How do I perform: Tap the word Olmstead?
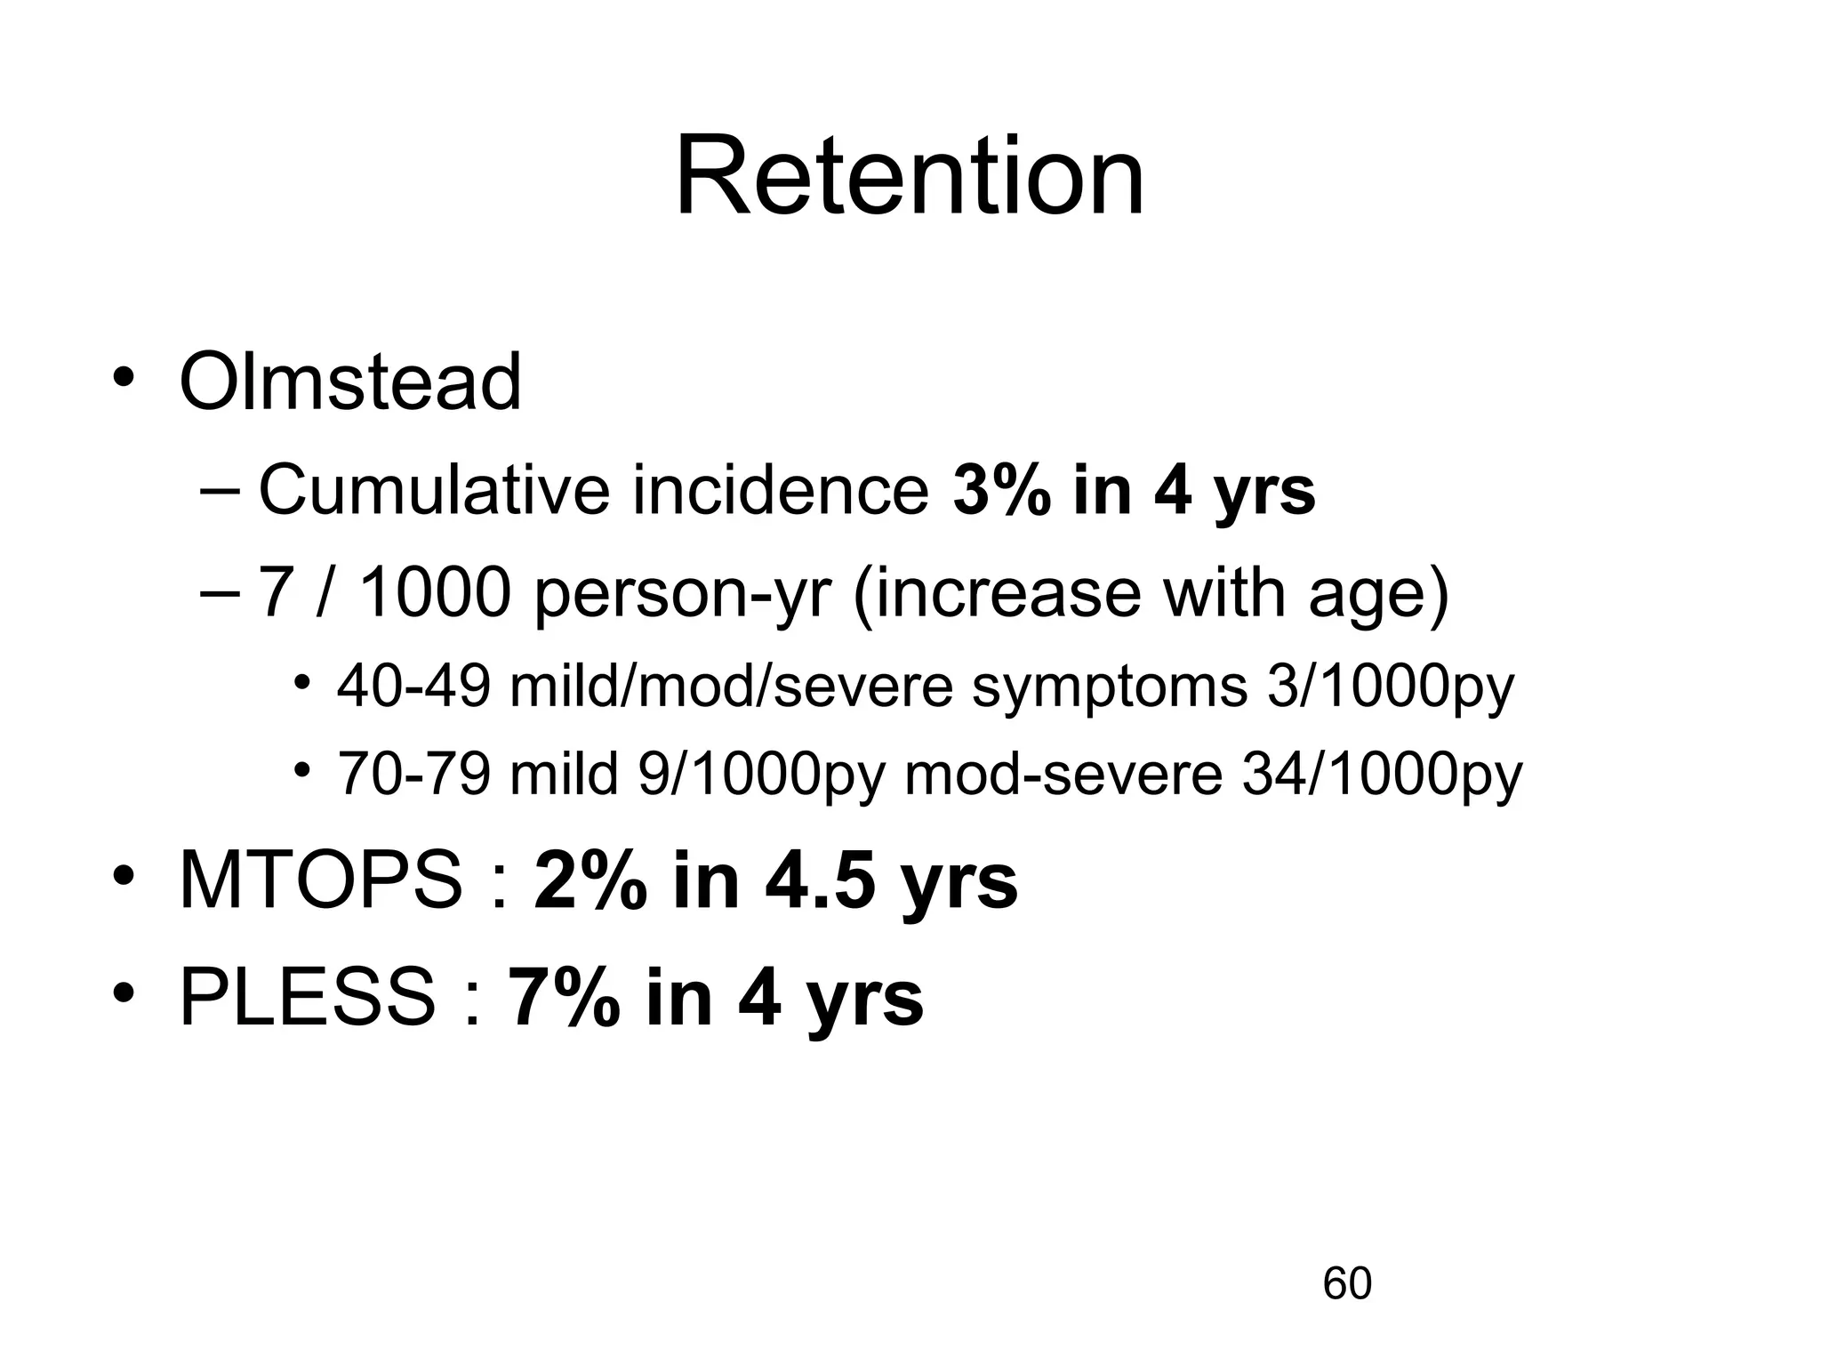[x=350, y=382]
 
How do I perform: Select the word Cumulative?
[x=433, y=490]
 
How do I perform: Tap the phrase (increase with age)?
[x=1151, y=594]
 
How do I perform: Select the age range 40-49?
[x=413, y=687]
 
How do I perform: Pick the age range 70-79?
[x=413, y=774]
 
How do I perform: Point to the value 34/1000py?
[x=1382, y=774]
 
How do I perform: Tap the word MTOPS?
[x=321, y=881]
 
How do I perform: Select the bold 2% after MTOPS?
[x=590, y=881]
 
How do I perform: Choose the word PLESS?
[x=308, y=998]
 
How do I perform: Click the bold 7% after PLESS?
[x=565, y=998]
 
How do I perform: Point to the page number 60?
[x=1347, y=1283]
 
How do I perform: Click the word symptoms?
[x=1109, y=688]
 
